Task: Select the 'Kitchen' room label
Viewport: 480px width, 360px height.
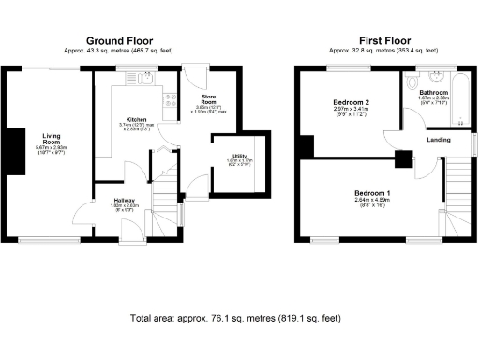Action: [137, 119]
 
